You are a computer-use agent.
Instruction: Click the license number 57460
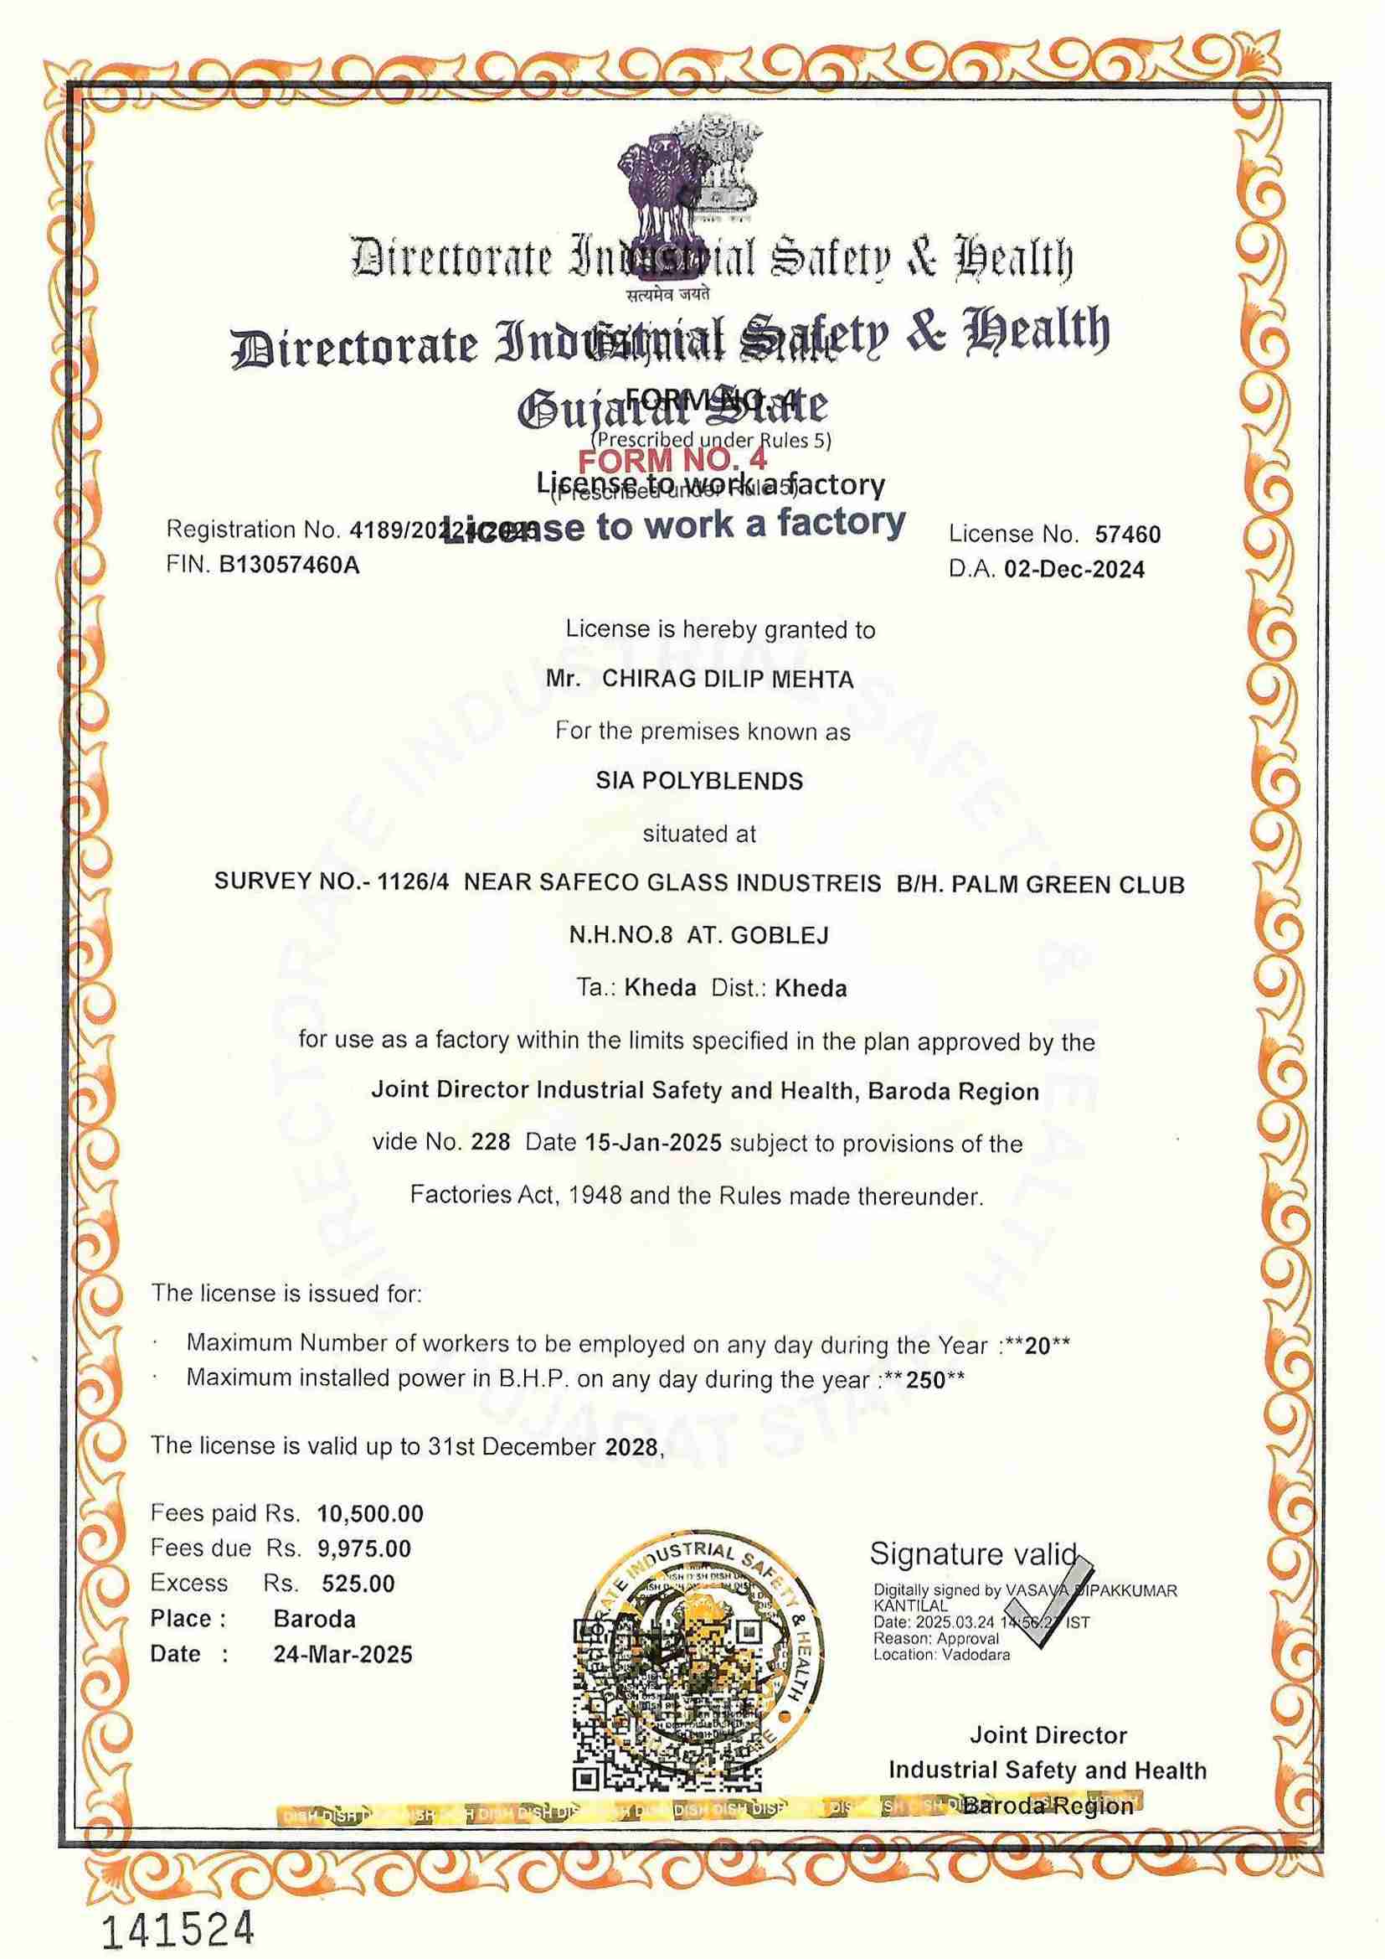(x=1127, y=534)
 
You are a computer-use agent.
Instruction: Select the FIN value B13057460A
(x=289, y=565)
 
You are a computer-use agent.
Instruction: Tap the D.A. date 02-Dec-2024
(x=1074, y=569)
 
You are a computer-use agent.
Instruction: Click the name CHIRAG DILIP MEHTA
(x=728, y=680)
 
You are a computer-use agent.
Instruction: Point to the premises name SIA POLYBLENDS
(x=699, y=781)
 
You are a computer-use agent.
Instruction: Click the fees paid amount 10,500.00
(x=370, y=1514)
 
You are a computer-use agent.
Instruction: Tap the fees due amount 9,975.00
(x=364, y=1548)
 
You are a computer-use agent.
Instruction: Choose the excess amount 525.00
(x=358, y=1584)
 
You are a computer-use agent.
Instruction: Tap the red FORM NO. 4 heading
(x=673, y=461)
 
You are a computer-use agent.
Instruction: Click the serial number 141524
(x=178, y=1905)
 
